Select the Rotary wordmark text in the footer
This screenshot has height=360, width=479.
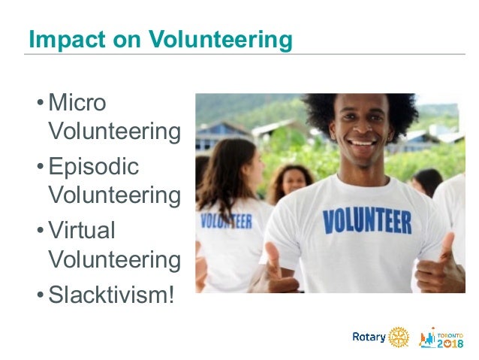click(x=369, y=337)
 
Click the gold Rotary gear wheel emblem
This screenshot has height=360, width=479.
click(x=399, y=336)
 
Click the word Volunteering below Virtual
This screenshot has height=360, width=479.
click(x=114, y=261)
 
